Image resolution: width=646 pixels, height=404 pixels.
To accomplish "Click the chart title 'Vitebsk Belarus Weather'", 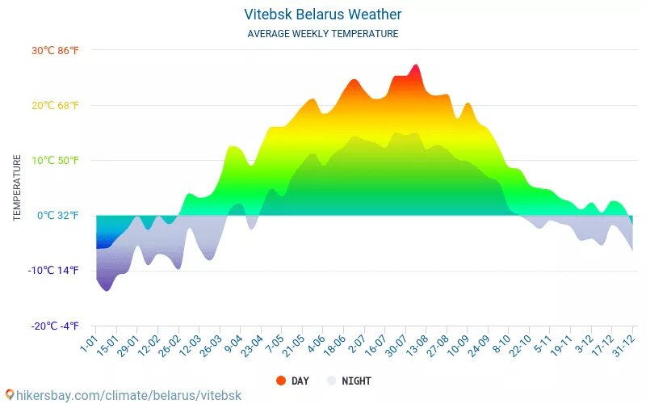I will coord(322,15).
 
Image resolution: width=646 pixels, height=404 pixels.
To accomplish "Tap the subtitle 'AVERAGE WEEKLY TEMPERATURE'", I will coord(322,34).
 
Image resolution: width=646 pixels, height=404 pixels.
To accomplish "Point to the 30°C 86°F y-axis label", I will coord(56,50).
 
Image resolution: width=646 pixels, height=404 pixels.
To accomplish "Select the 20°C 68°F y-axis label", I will coord(56,105).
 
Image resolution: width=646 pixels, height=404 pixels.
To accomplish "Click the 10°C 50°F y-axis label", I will coord(56,160).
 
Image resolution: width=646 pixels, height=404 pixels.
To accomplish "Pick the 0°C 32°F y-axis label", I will coord(58,215).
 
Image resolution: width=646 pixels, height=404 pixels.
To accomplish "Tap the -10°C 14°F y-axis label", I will coord(54,270).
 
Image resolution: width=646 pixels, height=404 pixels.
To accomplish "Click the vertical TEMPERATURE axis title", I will coord(17,188).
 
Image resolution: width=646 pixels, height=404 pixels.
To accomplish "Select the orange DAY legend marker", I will coord(281,381).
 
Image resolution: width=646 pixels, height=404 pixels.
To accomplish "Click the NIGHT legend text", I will coord(356,381).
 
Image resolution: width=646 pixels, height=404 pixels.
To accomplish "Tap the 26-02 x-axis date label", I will coord(168,349).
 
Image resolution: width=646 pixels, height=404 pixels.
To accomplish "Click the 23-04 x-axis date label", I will coord(251,349).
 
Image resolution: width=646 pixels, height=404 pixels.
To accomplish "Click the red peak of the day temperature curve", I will coord(415,68).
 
